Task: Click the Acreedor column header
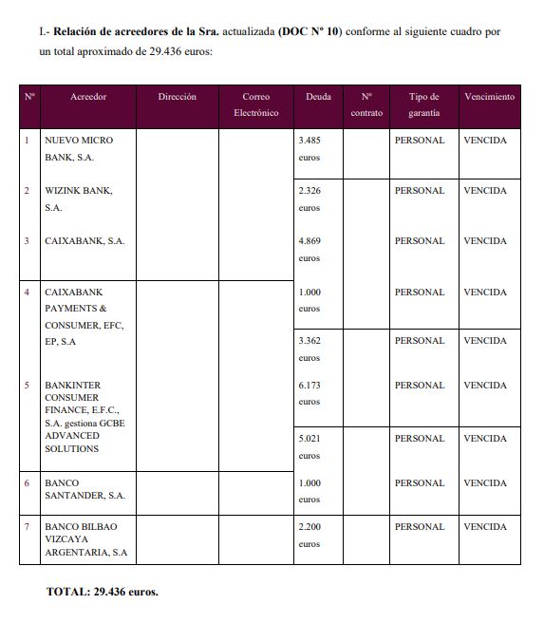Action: click(x=88, y=97)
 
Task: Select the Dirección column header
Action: click(x=178, y=97)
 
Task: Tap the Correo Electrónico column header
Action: click(x=255, y=104)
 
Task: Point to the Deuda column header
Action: click(x=318, y=97)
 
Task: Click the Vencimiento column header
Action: click(x=489, y=97)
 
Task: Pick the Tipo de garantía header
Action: click(x=423, y=104)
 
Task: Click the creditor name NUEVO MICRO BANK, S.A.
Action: click(x=78, y=148)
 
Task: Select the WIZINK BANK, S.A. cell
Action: click(x=78, y=198)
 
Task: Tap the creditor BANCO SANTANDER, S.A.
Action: click(x=84, y=489)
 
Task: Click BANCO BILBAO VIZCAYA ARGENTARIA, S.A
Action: click(x=85, y=538)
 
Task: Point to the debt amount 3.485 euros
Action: click(x=310, y=148)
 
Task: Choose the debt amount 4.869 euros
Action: click(x=310, y=249)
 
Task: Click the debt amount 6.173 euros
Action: click(x=310, y=393)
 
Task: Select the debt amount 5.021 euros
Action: click(x=310, y=446)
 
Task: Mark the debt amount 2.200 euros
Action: click(x=310, y=535)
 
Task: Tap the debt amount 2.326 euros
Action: click(x=310, y=198)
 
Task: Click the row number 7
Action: click(x=27, y=526)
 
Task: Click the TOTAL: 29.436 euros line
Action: click(x=103, y=592)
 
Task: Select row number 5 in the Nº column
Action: click(x=27, y=386)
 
